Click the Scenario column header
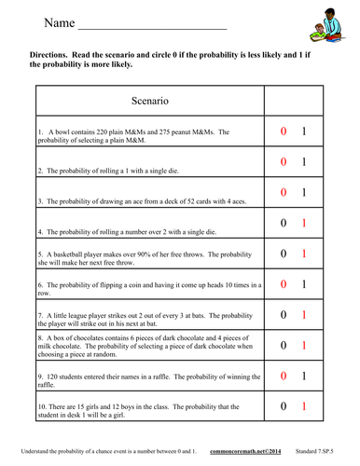(150, 99)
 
